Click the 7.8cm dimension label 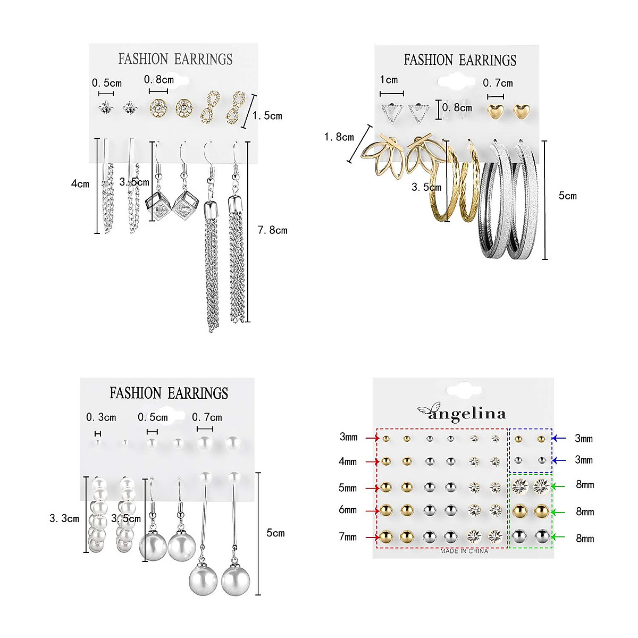272,230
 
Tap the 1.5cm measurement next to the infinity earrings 267,116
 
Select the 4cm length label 80,184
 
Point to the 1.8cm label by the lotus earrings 339,137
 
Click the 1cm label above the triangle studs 389,80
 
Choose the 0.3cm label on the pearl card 101,417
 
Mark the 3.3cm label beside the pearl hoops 64,518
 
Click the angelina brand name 467,414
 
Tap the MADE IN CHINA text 464,551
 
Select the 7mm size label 348,537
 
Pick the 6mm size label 348,510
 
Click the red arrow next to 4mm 372,461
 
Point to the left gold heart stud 496,111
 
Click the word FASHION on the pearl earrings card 135,393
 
